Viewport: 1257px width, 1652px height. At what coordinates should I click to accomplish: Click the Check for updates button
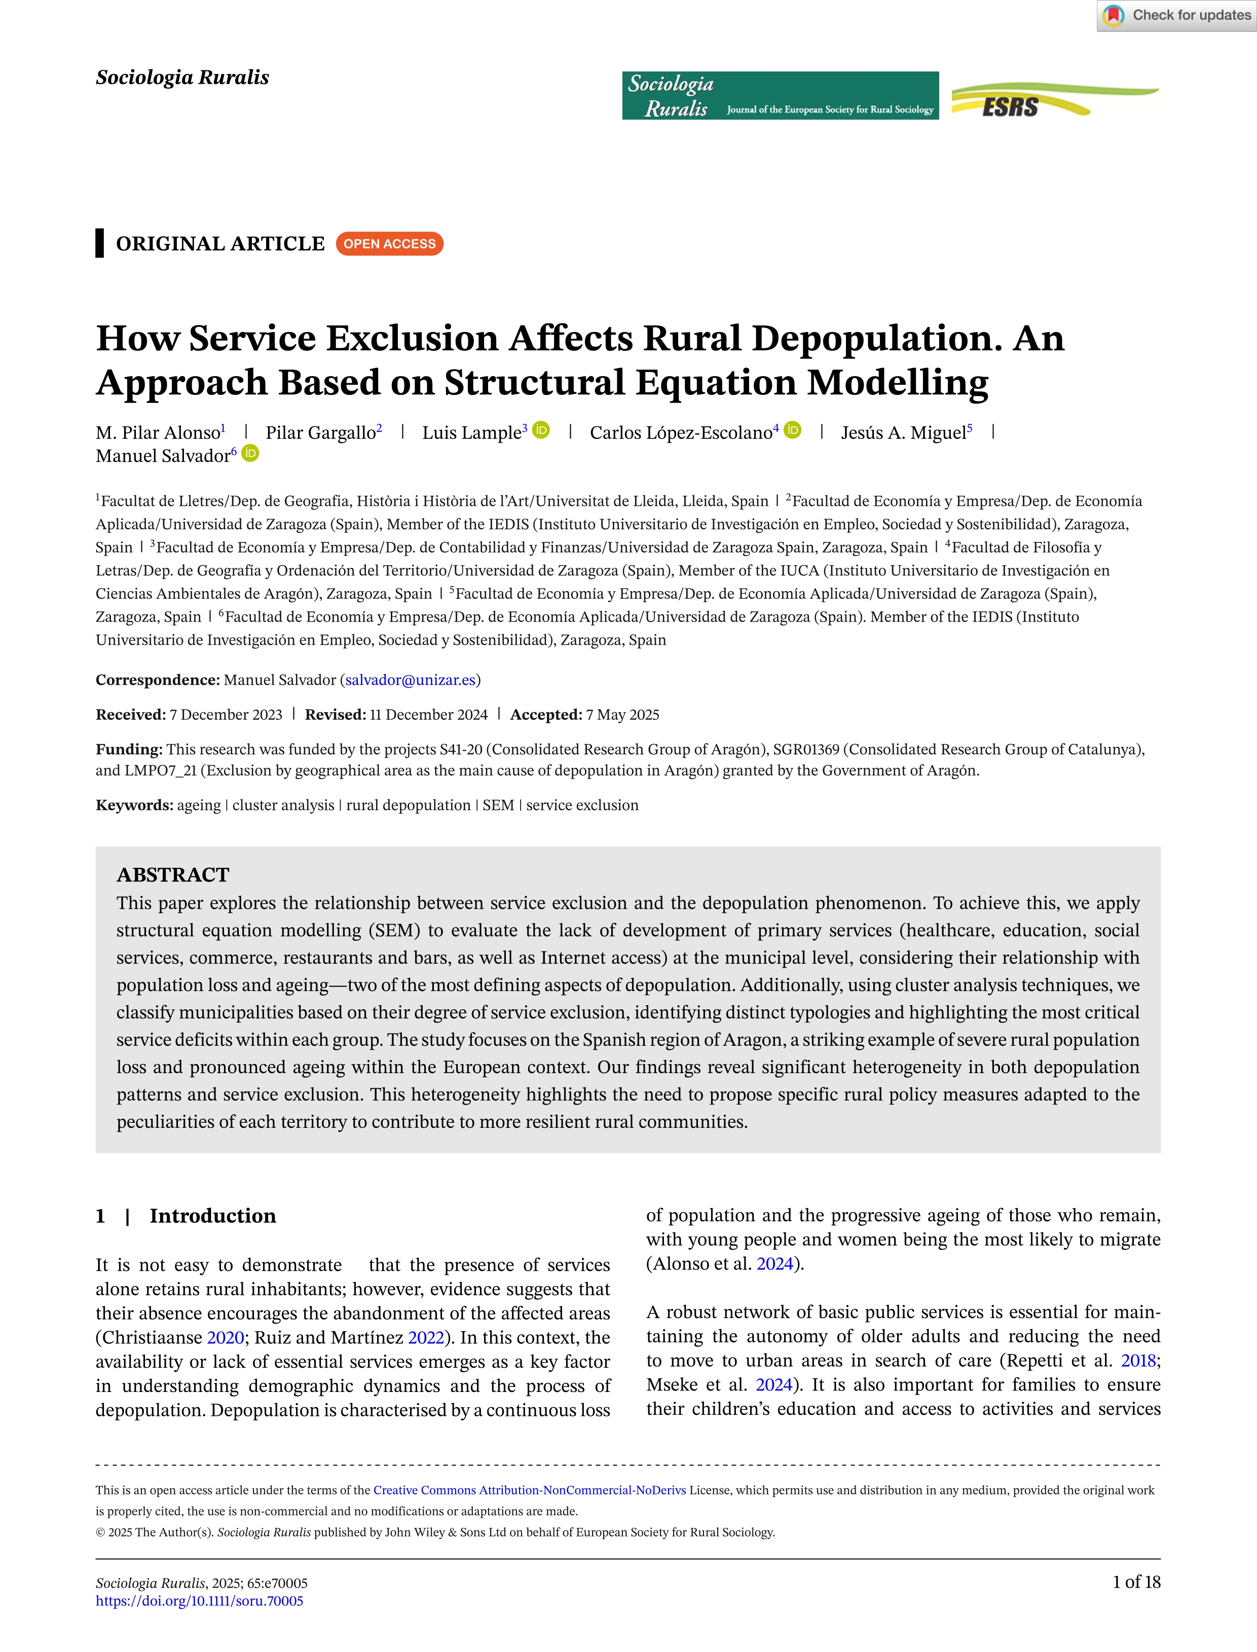point(1177,15)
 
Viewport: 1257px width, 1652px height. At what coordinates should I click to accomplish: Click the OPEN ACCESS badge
point(389,244)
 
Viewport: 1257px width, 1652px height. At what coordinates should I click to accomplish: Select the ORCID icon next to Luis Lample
point(541,430)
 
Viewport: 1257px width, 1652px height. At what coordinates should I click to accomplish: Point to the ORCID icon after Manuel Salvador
point(250,453)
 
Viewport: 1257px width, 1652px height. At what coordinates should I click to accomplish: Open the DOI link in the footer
point(200,1601)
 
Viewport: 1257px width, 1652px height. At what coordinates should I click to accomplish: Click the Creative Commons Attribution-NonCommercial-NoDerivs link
point(530,1490)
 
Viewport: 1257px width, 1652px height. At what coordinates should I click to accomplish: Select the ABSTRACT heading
point(173,874)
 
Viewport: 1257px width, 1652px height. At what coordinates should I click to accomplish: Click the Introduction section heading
point(212,1216)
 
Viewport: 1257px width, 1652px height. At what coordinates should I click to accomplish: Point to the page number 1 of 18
point(1136,1582)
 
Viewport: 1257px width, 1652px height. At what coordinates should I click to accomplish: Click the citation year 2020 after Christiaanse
point(225,1338)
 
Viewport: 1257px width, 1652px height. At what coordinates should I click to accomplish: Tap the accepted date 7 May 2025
point(622,715)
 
